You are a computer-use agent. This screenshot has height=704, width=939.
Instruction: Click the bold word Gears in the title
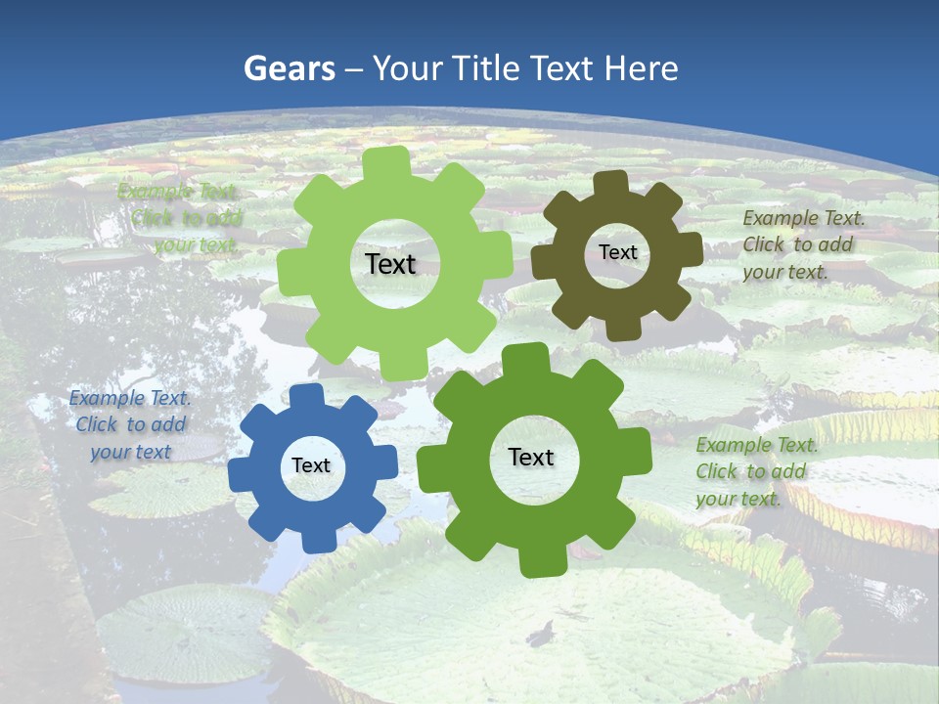289,68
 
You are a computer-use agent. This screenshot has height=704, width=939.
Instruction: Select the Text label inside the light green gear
390,264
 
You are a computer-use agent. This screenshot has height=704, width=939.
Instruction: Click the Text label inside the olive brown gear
617,252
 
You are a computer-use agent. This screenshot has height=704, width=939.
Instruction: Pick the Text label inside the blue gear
311,465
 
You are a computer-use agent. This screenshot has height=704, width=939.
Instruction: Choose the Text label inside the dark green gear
531,457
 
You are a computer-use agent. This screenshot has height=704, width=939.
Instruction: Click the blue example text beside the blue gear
130,424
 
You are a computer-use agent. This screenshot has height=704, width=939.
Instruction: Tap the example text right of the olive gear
802,244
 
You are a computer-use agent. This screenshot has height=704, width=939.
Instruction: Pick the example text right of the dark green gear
755,471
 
